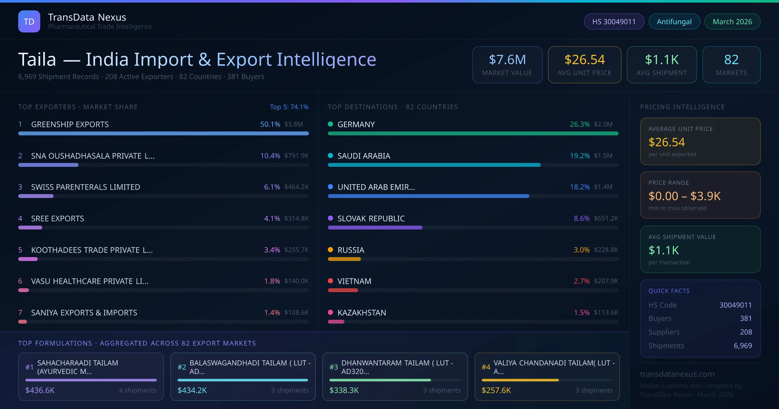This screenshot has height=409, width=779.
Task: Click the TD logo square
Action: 29,21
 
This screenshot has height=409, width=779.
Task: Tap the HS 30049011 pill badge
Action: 614,21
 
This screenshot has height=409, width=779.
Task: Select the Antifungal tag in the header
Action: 674,21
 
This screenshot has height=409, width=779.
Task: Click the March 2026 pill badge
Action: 732,21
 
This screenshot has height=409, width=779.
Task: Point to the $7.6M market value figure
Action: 507,60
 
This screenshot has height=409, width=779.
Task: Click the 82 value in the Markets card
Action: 731,60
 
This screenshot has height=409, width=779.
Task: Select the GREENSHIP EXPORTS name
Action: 70,124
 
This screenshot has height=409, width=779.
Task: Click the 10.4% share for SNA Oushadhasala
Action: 270,156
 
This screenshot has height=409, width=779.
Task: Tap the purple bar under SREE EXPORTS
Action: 30,228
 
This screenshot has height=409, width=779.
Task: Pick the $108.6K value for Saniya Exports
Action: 296,313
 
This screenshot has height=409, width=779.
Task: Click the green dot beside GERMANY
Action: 330,124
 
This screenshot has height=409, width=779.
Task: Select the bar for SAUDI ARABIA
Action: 434,165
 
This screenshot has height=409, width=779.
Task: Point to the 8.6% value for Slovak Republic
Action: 582,218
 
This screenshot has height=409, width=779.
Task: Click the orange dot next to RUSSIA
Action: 330,250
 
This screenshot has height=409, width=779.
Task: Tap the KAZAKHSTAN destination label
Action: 362,313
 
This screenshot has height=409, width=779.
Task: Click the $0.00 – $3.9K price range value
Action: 684,196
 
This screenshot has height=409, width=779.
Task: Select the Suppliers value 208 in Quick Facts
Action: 746,332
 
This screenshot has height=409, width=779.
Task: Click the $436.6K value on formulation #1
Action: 40,390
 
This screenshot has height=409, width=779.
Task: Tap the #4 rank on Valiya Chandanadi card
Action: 486,367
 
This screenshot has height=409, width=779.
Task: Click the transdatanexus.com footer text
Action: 677,374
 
